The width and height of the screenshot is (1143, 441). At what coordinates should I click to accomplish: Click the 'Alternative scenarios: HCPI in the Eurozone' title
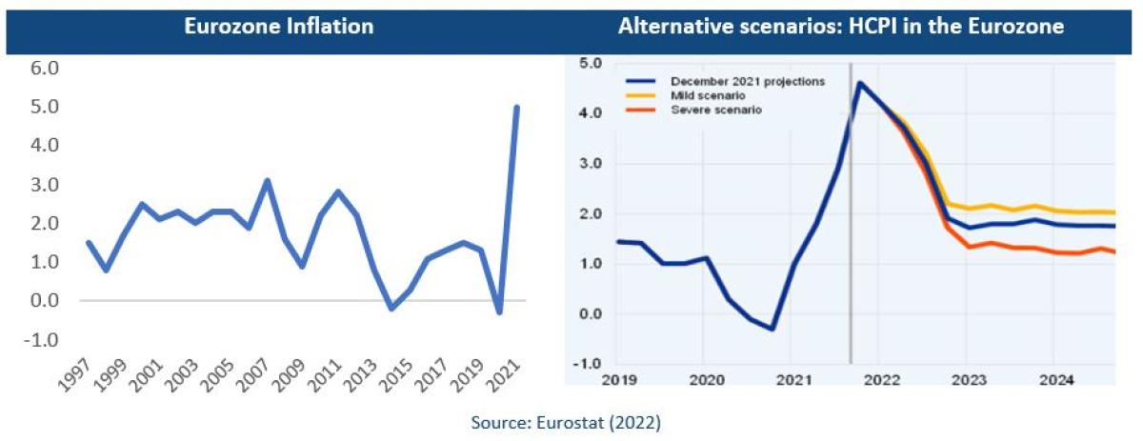point(840,27)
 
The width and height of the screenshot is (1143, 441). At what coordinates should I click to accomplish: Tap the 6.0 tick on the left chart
point(46,69)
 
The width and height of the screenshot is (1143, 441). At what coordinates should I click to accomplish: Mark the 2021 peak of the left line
point(517,107)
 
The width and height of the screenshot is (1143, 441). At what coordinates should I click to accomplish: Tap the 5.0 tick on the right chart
point(592,64)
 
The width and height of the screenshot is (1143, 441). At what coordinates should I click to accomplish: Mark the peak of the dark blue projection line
point(860,83)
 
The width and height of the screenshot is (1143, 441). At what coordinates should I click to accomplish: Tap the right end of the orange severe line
point(1114,252)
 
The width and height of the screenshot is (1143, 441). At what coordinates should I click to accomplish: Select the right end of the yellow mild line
point(1114,212)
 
